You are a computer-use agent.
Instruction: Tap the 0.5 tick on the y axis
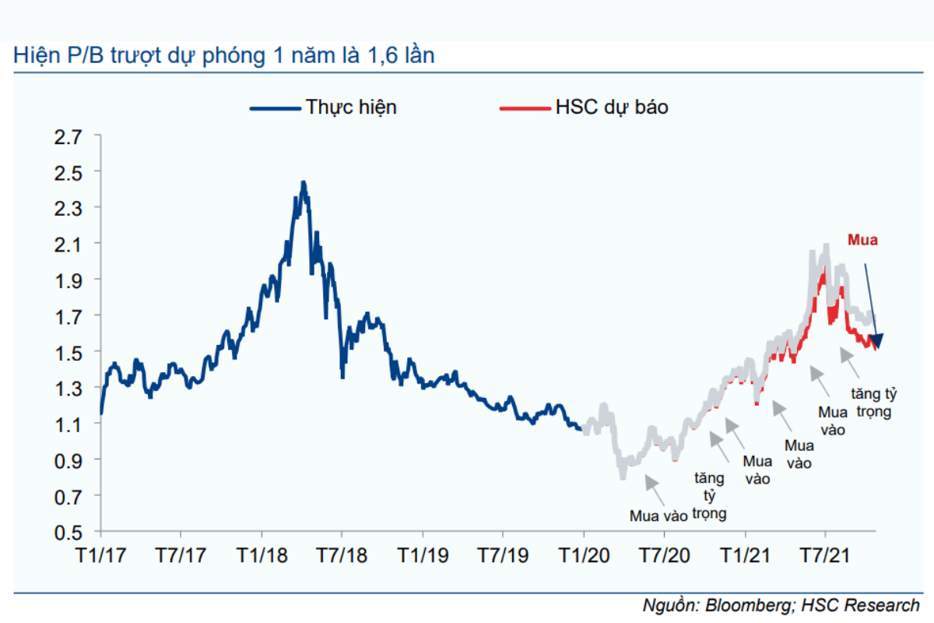68,533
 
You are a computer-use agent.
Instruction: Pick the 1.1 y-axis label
68,424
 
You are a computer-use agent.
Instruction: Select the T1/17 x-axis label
100,556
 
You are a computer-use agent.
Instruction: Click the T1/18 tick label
261,556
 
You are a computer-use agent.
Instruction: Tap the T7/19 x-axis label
503,556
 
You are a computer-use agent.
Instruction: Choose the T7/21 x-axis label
825,556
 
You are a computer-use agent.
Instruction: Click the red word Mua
862,241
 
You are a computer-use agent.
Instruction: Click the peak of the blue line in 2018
304,184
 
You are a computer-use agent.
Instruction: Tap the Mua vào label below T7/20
658,516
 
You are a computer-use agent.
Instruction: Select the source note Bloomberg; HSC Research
781,605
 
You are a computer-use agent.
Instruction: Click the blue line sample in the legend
274,108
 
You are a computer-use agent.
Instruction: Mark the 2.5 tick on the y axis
68,172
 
